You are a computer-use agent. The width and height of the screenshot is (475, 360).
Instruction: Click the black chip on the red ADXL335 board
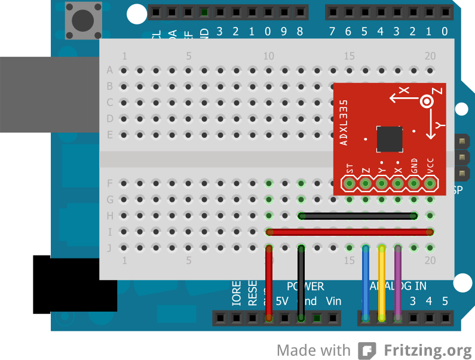coord(390,139)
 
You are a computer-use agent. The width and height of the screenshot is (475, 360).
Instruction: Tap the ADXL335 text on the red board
coord(344,122)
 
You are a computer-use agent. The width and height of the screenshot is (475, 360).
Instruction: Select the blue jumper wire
coord(366,281)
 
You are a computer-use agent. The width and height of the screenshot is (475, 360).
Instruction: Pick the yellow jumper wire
coord(382,281)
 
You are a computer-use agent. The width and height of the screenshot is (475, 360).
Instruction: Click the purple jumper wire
coord(398,281)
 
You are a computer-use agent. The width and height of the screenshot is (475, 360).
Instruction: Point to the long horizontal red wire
coord(350,232)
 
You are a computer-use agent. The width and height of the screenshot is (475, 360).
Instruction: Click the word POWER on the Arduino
coord(305,287)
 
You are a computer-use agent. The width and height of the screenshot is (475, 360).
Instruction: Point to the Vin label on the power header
coord(333,301)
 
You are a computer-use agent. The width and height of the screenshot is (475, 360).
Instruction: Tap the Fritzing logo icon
coord(366,350)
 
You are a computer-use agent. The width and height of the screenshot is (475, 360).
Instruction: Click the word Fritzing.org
coord(428,349)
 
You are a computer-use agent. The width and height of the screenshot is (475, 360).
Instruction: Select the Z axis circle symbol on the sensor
coord(427,102)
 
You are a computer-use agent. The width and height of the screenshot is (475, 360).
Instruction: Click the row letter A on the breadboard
coord(109,70)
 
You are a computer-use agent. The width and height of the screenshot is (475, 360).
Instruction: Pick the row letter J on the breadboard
coord(109,247)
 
